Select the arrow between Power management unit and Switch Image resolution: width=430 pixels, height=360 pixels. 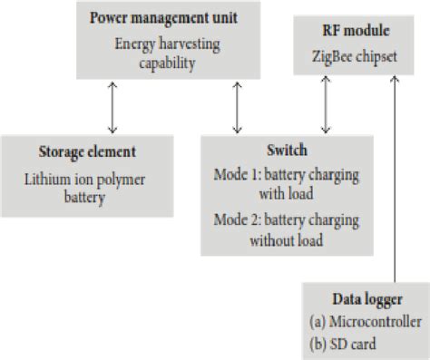coord(238,106)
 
